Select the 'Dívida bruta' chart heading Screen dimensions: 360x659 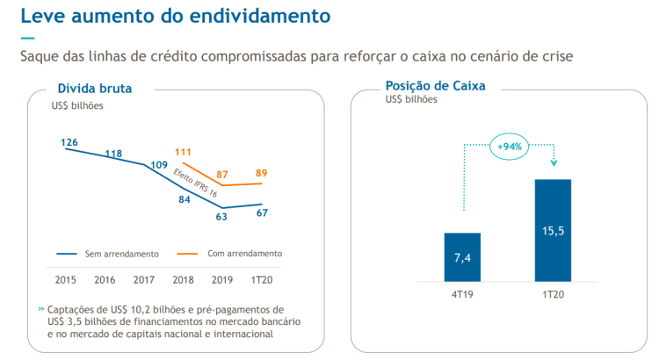94,88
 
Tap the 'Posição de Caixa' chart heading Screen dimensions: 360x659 435,86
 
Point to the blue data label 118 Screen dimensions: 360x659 113,154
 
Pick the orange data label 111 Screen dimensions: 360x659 183,152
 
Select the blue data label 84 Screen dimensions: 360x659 184,198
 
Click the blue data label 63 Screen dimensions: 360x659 221,216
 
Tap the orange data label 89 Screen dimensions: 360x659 262,173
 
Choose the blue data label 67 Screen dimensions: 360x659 262,212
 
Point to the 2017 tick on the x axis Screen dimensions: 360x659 143,279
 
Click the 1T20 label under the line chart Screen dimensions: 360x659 261,279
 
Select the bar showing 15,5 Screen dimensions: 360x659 553,230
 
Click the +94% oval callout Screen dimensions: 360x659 510,147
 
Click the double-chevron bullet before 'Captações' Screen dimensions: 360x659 41,309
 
